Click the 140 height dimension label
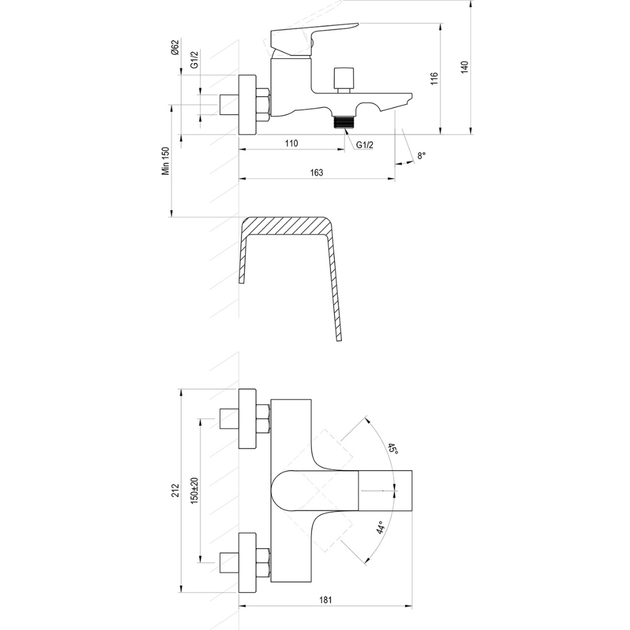(464, 66)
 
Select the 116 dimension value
(434, 78)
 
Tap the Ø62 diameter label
(175, 47)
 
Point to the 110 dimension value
(291, 143)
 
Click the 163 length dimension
(317, 172)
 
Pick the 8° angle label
(421, 156)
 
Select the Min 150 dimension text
(166, 161)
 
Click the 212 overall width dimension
(175, 490)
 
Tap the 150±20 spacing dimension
(194, 490)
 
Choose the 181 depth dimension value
(326, 600)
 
